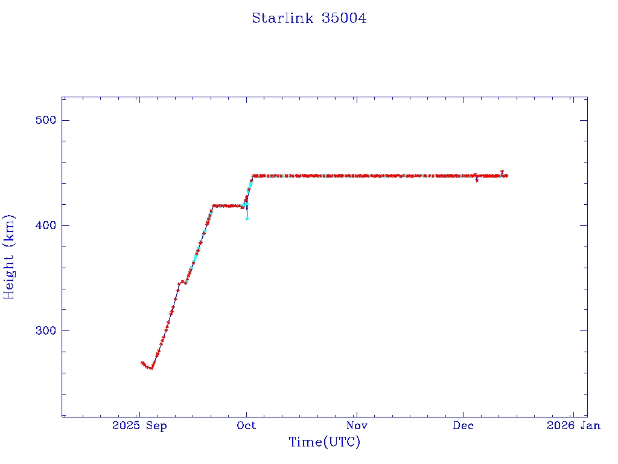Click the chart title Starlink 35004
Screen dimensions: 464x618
pyautogui.click(x=309, y=18)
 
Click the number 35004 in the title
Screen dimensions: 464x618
pyautogui.click(x=344, y=18)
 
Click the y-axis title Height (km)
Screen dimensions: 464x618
pyautogui.click(x=9, y=257)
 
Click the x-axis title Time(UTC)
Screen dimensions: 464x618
pyautogui.click(x=325, y=442)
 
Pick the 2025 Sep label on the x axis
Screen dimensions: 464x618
pyautogui.click(x=139, y=425)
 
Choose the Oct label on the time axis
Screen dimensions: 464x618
pyautogui.click(x=246, y=425)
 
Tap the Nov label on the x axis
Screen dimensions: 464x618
pyautogui.click(x=357, y=425)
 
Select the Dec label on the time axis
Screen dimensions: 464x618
pyautogui.click(x=463, y=425)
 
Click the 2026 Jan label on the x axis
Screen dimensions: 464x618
pyautogui.click(x=573, y=425)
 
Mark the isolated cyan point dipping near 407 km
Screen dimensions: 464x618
pyautogui.click(x=247, y=218)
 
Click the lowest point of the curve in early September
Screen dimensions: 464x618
pyautogui.click(x=151, y=368)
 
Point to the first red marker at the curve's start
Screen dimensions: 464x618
pyautogui.click(x=142, y=362)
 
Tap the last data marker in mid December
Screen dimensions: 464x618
pyautogui.click(x=506, y=176)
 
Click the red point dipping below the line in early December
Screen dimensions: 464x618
pyautogui.click(x=477, y=180)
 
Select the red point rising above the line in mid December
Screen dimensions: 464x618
pyautogui.click(x=502, y=172)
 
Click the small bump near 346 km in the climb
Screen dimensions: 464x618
pyautogui.click(x=181, y=281)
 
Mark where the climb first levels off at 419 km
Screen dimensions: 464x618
pyautogui.click(x=214, y=205)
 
